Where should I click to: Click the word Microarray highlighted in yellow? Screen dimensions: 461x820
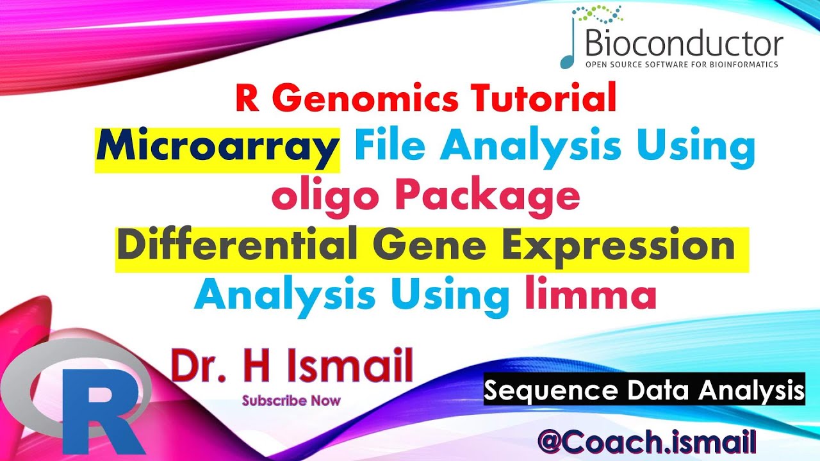[x=217, y=147]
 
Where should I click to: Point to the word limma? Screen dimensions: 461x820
[x=591, y=296]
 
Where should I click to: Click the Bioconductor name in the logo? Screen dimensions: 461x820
[x=684, y=45]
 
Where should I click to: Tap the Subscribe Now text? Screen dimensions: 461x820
[x=291, y=401]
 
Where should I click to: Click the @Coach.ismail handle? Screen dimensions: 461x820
[x=647, y=442]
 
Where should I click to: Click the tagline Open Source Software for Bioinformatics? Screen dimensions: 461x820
[x=680, y=65]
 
